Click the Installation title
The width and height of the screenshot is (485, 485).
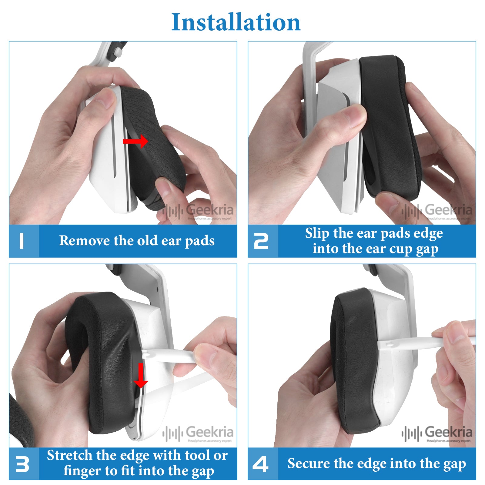click(236, 22)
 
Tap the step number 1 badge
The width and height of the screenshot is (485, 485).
click(22, 241)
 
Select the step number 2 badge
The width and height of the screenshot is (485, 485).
click(261, 241)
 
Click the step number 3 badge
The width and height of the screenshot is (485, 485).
click(22, 464)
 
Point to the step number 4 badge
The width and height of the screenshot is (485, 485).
click(261, 464)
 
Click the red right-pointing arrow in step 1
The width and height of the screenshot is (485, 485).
click(135, 141)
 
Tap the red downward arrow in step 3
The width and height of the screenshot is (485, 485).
click(141, 375)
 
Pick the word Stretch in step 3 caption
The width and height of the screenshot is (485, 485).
click(69, 455)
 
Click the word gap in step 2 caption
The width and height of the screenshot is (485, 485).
click(427, 249)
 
